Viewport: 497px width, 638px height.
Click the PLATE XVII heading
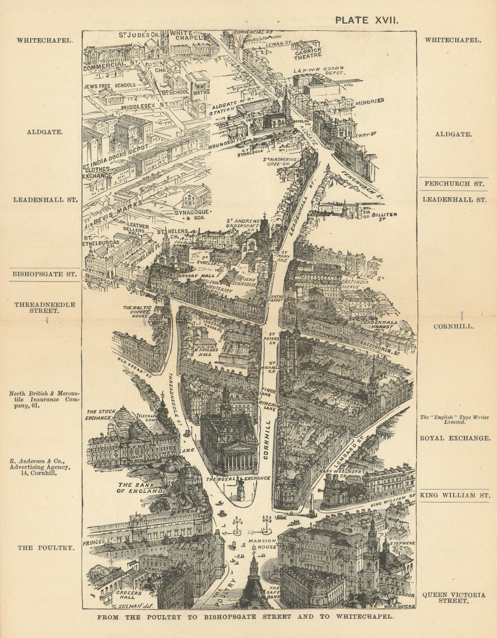coord(366,20)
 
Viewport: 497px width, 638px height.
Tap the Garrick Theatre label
coord(308,53)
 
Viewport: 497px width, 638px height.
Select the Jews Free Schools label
coord(110,85)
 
